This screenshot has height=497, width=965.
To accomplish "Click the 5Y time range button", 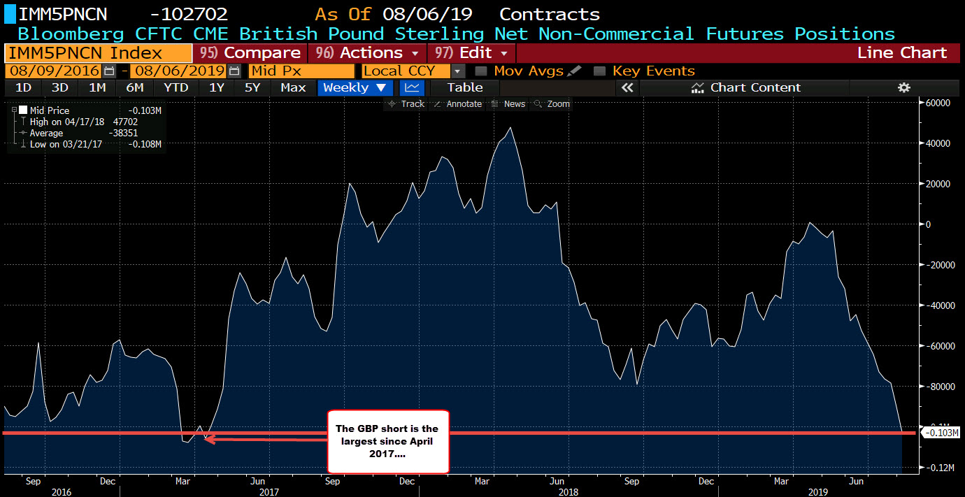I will coord(252,87).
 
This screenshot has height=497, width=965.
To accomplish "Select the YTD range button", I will coord(176,87).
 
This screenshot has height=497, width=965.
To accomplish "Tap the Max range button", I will coord(293,87).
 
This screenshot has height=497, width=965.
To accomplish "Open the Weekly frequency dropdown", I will coord(355,87).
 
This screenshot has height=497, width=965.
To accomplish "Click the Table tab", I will coord(464,87).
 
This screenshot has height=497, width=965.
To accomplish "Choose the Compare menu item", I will coord(250,53).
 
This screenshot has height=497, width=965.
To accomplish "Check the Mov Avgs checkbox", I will coord(481,71).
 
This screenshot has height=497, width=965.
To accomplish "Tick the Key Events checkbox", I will coord(599,71).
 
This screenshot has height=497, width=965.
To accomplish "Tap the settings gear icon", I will coord(904,87).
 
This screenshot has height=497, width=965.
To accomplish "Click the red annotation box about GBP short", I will coord(387,441).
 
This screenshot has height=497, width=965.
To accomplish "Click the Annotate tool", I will coord(458,104).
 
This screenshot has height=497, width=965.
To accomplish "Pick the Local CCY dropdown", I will coord(413,71).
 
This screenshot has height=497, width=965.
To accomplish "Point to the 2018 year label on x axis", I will coord(568,491).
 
